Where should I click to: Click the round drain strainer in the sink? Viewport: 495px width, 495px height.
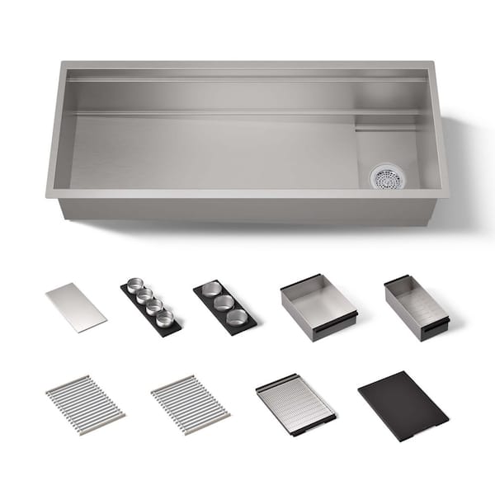[386, 176]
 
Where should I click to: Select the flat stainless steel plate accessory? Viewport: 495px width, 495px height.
[75, 307]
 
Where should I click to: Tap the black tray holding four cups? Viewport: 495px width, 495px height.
[151, 309]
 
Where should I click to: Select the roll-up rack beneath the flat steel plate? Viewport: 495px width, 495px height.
[85, 404]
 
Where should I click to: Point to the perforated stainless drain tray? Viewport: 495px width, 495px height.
[295, 403]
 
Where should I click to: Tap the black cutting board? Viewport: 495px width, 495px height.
[402, 404]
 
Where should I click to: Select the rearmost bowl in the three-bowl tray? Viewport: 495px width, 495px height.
[212, 289]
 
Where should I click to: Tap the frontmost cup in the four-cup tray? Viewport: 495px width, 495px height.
[165, 318]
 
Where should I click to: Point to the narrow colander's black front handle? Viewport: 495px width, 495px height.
[434, 328]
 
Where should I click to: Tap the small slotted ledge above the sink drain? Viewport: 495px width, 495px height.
[386, 129]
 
